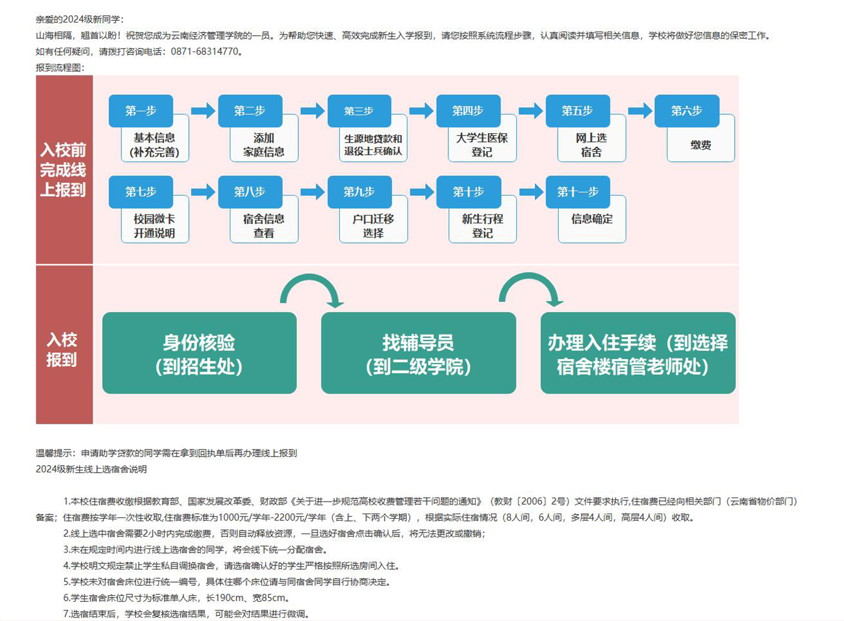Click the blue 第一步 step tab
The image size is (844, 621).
tap(141, 111)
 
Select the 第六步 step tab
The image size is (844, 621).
tap(686, 111)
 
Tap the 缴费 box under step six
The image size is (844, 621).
tap(701, 146)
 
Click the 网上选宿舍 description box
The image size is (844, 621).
tap(592, 146)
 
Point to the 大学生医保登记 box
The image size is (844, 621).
tap(482, 146)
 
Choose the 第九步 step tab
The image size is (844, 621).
tap(359, 192)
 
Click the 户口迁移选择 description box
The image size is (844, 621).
tap(373, 226)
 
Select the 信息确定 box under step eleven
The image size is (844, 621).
tap(592, 220)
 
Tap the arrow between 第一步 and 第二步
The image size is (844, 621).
tap(203, 111)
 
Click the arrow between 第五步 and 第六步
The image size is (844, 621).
tap(640, 111)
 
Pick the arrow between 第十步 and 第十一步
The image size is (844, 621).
tap(531, 192)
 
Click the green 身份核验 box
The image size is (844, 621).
tap(199, 354)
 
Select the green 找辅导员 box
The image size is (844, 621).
tap(418, 354)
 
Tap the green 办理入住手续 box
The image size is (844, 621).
tap(637, 354)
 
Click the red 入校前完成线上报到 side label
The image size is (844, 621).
tap(63, 170)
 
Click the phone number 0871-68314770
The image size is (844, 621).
tap(205, 51)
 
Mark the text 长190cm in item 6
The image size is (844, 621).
tap(226, 598)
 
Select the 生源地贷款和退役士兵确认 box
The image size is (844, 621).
tap(373, 146)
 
